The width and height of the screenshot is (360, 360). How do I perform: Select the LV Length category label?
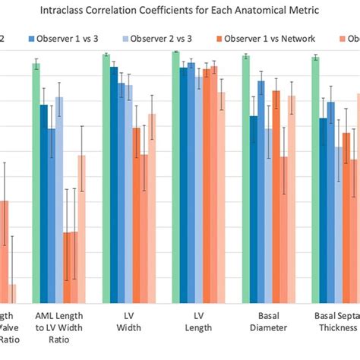[x=197, y=321]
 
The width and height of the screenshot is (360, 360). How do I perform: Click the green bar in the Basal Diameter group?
[x=245, y=179]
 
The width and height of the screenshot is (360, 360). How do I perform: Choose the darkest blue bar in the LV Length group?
[x=183, y=185]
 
